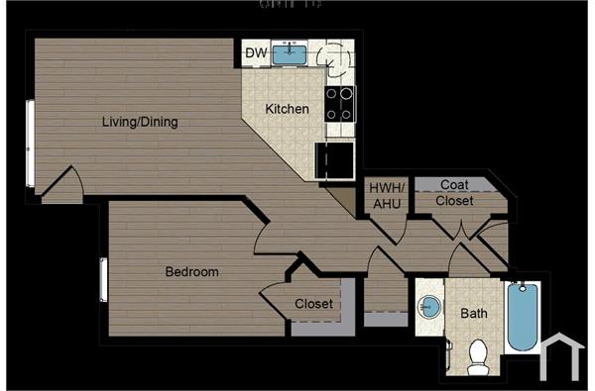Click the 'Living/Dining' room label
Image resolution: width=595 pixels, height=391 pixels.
tap(140, 123)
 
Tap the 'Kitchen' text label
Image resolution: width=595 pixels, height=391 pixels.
tap(288, 109)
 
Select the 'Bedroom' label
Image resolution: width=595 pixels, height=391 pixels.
tap(191, 271)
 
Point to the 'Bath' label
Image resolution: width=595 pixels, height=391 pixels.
tap(473, 314)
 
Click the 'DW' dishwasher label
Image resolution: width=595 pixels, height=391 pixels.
tap(256, 52)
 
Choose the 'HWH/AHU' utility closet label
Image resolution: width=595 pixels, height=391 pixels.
tap(385, 196)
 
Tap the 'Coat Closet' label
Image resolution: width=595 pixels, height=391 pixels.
tap(456, 193)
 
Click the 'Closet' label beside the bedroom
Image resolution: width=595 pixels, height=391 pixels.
tap(313, 304)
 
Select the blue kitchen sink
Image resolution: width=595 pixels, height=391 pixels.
tap(289, 52)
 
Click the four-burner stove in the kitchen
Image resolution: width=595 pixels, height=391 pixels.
tap(340, 103)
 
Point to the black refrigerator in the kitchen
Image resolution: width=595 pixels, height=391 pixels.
tap(335, 159)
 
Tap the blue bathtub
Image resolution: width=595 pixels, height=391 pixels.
tap(522, 317)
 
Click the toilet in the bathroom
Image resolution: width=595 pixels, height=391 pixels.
tap(478, 356)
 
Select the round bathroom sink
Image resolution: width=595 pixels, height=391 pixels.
tap(429, 307)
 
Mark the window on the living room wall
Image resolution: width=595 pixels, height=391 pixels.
tap(30, 144)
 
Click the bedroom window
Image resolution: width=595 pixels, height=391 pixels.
tap(103, 279)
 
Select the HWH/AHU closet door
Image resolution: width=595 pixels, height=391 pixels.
tap(389, 228)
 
